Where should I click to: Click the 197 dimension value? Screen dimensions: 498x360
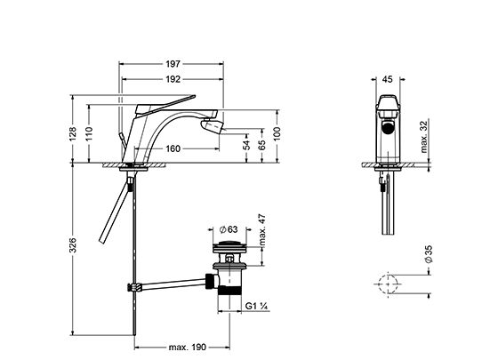(x=173, y=64)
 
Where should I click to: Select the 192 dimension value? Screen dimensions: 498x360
(x=173, y=79)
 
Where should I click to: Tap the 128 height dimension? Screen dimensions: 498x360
(x=73, y=134)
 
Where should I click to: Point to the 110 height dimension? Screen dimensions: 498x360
(x=89, y=134)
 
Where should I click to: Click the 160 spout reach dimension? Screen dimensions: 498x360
(x=173, y=148)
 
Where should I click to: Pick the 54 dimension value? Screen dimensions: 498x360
(x=247, y=145)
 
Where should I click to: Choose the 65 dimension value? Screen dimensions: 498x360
(x=262, y=145)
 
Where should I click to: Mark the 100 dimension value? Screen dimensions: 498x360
(x=277, y=134)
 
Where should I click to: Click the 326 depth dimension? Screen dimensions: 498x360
(x=73, y=245)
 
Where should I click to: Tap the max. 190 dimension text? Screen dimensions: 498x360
(x=188, y=347)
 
